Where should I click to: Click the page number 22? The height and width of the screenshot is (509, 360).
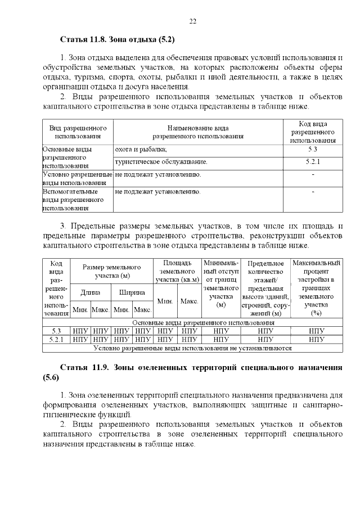pos(192,21)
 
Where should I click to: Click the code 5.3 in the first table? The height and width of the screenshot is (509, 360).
pos(313,149)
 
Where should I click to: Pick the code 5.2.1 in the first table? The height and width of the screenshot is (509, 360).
pos(313,162)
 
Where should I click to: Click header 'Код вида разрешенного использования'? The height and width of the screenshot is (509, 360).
pos(313,132)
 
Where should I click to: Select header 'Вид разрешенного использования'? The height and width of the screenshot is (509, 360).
pos(78,132)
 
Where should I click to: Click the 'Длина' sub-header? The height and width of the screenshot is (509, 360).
pos(91,292)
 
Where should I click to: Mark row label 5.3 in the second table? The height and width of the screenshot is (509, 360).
pos(56,331)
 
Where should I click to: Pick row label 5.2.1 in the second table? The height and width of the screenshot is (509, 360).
pos(56,340)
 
